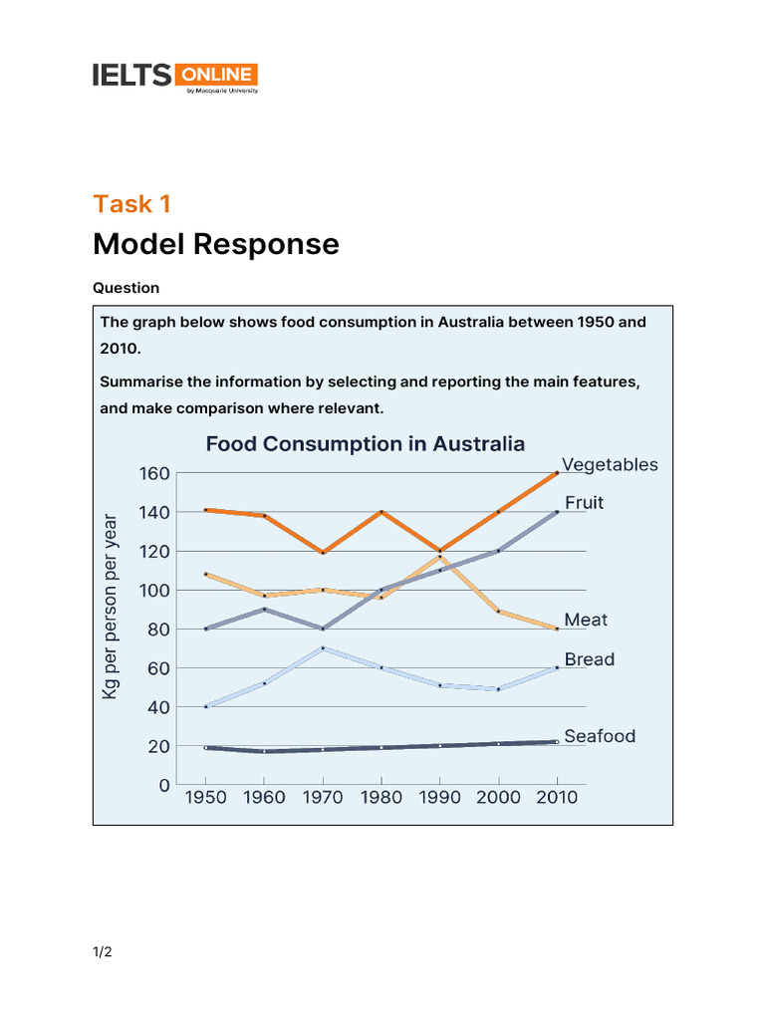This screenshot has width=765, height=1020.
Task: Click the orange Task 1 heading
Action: [x=132, y=204]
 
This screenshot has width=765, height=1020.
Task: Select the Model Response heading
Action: [x=216, y=244]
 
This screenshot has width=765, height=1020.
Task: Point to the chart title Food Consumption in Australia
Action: [x=365, y=444]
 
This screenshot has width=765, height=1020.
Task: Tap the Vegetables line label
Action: [x=610, y=465]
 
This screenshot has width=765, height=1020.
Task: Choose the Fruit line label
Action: [x=584, y=503]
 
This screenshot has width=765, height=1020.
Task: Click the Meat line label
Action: [x=586, y=620]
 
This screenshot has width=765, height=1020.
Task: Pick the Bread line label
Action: [x=590, y=659]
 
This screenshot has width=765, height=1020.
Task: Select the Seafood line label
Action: [x=600, y=737]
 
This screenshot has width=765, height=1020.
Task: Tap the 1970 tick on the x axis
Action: [x=322, y=798]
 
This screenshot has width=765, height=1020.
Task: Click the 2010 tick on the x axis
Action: [x=557, y=798]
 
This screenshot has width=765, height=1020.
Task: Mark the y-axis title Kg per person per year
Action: [x=111, y=606]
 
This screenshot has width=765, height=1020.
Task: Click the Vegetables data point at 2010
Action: [x=557, y=473]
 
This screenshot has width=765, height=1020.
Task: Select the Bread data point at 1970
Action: [x=322, y=648]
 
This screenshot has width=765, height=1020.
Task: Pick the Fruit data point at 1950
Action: [x=205, y=629]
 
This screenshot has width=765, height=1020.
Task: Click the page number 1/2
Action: [x=103, y=952]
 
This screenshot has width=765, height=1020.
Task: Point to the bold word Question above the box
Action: [x=127, y=288]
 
